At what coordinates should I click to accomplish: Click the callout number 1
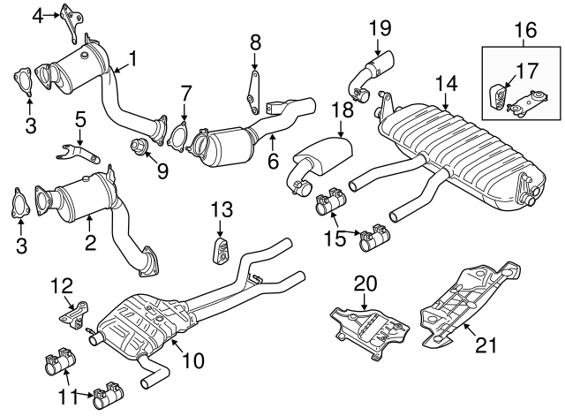pos(132,59)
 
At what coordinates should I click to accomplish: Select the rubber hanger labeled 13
pos(219,250)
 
